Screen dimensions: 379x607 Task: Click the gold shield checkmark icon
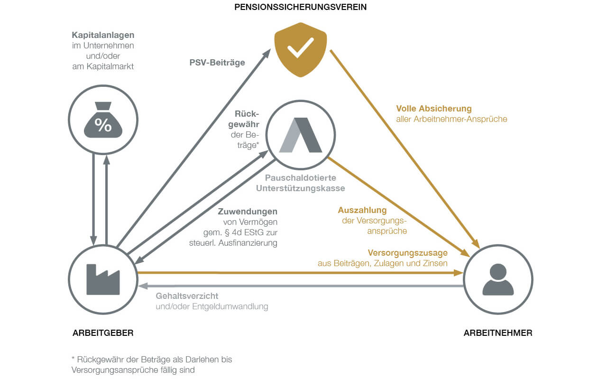coord(300,49)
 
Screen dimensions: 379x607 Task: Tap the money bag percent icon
coord(103,120)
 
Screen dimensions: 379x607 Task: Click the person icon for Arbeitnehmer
coord(497,279)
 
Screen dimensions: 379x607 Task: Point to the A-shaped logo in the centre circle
coord(300,135)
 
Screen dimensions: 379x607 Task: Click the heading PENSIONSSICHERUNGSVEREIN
coord(301,7)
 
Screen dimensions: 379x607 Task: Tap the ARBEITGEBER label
coord(103,333)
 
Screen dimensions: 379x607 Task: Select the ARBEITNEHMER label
coord(497,333)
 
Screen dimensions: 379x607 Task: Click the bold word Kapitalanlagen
coord(103,35)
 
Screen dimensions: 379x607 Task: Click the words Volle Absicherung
coord(434,109)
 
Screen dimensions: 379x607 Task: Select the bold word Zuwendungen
coord(248,212)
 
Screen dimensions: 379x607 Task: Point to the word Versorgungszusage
coord(407,253)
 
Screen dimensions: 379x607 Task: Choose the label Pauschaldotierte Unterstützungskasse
coord(300,183)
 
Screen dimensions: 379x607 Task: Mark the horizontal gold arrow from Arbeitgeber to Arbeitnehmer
coord(299,273)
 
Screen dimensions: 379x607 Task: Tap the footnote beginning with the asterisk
coord(151,364)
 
